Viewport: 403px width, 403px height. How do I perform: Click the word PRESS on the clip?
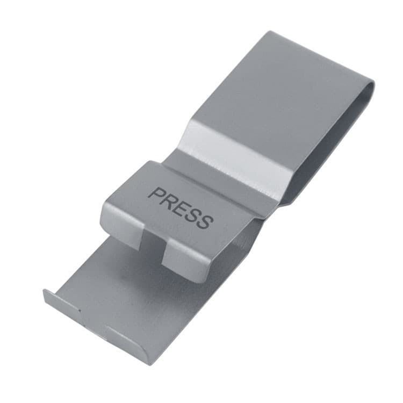coord(181,208)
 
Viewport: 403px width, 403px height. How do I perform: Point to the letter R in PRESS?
coord(169,201)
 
